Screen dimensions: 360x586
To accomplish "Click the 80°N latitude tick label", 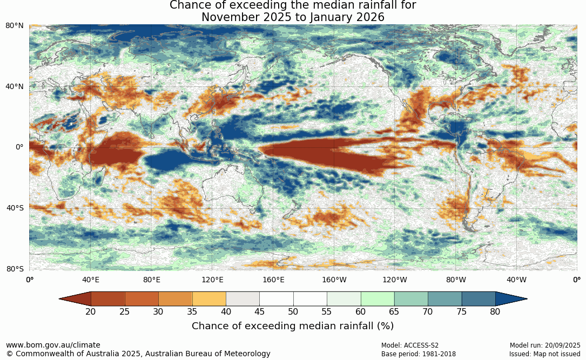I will point(15,25).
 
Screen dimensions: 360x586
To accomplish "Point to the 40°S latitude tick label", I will point(15,208).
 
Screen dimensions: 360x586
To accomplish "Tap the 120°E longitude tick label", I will point(212,280).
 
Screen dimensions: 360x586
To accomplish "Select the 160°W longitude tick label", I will point(334,280).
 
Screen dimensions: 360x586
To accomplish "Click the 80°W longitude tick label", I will point(456,280).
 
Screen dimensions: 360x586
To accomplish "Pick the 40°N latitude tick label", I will point(15,86).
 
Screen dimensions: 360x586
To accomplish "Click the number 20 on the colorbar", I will point(91,311).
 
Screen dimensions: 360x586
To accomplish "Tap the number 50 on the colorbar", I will point(293,311).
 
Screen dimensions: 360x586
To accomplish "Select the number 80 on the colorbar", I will point(495,311).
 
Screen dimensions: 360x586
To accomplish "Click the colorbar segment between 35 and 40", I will point(209,298).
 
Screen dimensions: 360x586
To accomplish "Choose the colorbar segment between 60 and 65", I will point(377,298).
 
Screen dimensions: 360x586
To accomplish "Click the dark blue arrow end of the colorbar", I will point(510,298).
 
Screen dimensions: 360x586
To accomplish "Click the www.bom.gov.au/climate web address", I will point(53,345).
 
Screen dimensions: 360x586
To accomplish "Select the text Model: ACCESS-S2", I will point(410,345).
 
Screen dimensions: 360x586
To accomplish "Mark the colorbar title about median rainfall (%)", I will point(292,326).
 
